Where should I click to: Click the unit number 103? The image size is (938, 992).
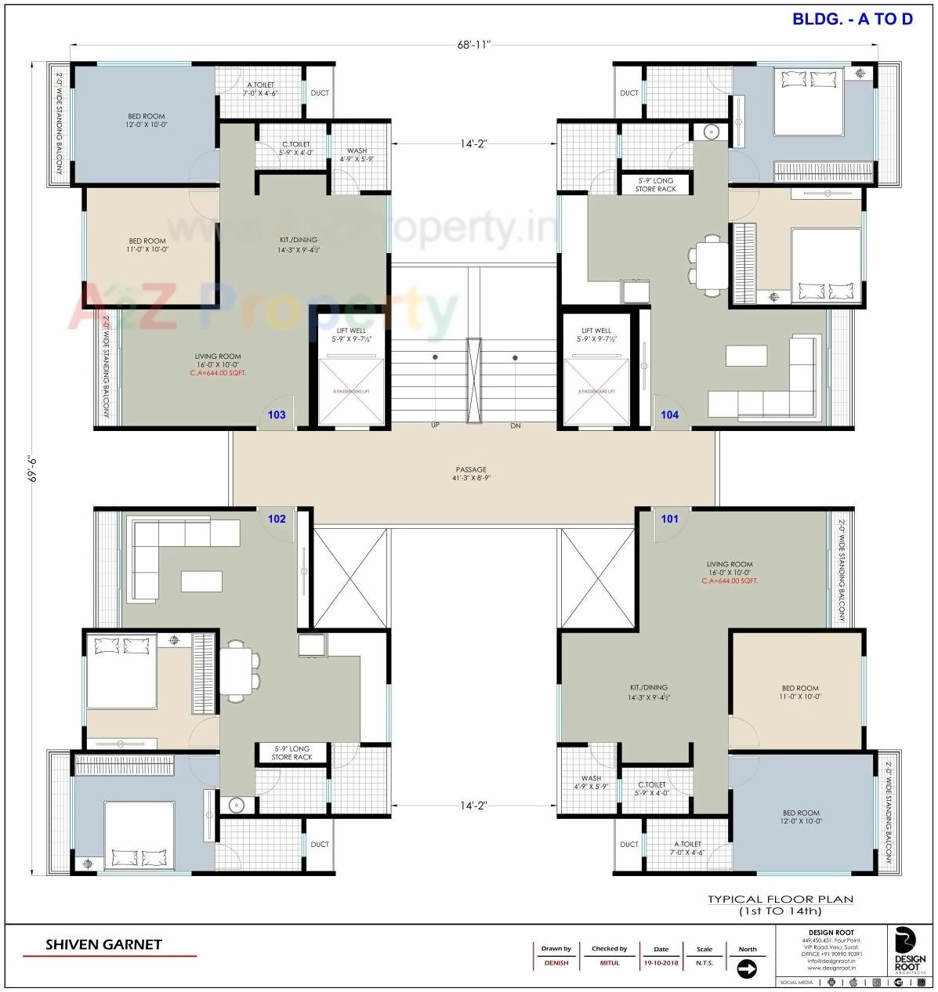click(x=277, y=415)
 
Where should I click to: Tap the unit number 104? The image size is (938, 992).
click(x=669, y=415)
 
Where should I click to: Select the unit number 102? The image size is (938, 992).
click(x=277, y=519)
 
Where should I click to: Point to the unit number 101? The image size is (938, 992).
click(x=669, y=519)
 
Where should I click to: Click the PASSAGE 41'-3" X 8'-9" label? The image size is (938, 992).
click(x=470, y=474)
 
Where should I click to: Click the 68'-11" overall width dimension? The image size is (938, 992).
click(x=473, y=45)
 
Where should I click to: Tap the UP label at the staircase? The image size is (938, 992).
click(x=435, y=425)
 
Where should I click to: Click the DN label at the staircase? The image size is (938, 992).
click(x=515, y=425)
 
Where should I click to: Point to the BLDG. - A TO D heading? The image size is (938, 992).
click(x=853, y=20)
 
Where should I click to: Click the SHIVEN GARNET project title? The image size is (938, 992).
click(x=103, y=945)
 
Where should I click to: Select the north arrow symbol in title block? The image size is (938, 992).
click(x=747, y=970)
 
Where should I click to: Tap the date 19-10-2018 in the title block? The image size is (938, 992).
click(x=661, y=963)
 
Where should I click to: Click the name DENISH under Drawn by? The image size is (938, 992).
click(x=556, y=963)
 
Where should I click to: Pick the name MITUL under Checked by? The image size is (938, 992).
click(x=610, y=963)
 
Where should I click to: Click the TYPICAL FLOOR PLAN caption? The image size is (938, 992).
click(x=780, y=900)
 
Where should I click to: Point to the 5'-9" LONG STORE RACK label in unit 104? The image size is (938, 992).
click(x=655, y=185)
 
